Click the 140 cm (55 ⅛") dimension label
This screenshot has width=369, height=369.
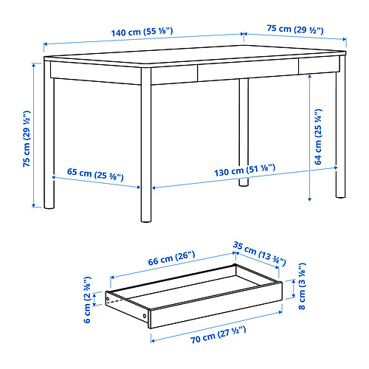pos(142,32)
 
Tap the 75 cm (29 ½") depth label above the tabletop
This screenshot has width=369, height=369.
pos(295,30)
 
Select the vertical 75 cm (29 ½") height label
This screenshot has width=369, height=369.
pos(27,139)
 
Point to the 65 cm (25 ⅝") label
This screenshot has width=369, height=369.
pos(95,174)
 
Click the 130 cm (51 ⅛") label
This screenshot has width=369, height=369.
pos(244,170)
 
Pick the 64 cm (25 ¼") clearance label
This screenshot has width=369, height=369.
pos(318,137)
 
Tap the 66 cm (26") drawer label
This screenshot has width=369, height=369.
pos(171,258)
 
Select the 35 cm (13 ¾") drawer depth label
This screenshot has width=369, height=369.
pos(259,253)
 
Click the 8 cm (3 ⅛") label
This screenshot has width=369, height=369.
pos(302,286)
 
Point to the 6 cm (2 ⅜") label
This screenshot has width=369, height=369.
pos(87,300)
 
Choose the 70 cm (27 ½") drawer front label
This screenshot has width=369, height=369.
pos(218,334)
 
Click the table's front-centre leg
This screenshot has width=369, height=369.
pos(146,145)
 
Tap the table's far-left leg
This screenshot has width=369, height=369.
pos(49,134)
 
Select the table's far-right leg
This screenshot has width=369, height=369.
pos(341,127)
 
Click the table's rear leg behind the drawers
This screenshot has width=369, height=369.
pos(244,132)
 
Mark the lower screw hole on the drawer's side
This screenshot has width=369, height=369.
pos(145,316)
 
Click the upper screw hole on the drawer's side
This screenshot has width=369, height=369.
pos(108,299)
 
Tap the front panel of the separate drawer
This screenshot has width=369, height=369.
pos(216,306)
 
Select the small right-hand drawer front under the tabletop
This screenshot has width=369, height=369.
pos(319,65)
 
